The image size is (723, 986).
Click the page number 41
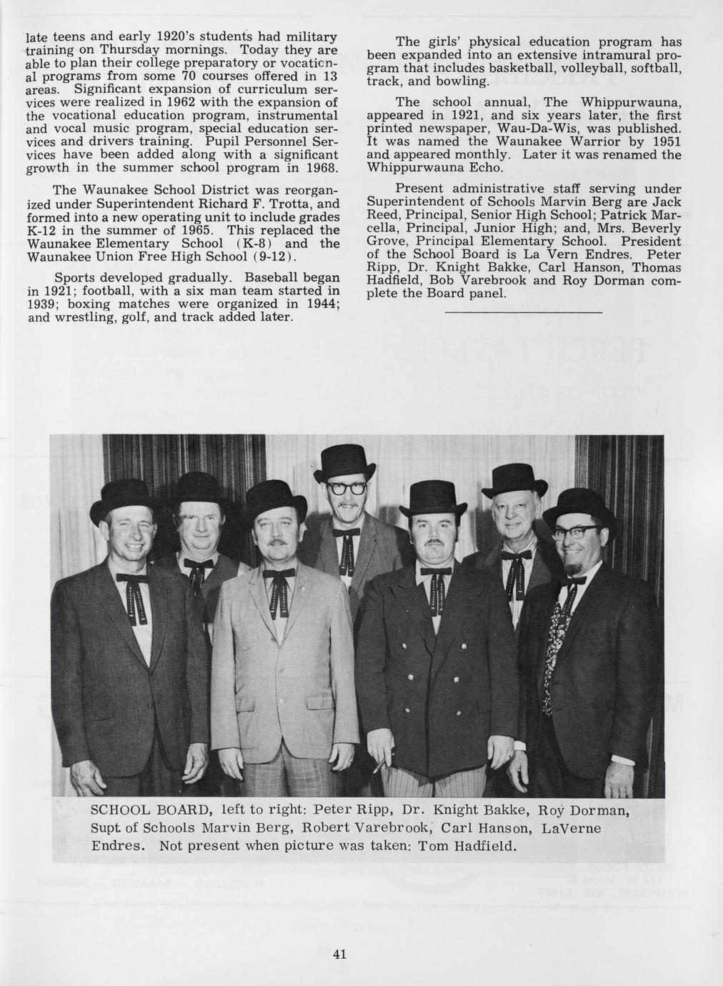coord(339,954)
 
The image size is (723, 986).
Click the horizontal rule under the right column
coord(523,312)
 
